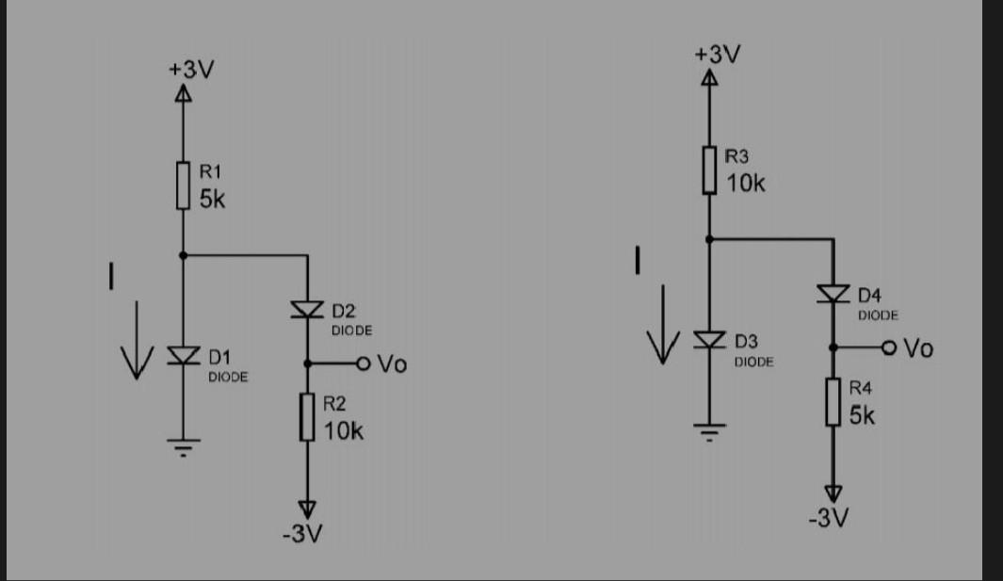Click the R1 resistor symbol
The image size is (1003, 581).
[x=184, y=186]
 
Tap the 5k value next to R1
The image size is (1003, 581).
[x=212, y=201]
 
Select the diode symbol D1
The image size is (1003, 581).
[x=184, y=355]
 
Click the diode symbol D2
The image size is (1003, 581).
[x=307, y=309]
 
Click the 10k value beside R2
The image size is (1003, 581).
[x=343, y=431]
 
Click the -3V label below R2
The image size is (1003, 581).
[x=303, y=535]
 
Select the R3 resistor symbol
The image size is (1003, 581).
[x=708, y=170]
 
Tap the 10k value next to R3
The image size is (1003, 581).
[x=746, y=184]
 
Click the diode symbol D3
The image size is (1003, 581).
[x=708, y=339]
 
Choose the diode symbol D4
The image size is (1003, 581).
[x=833, y=294]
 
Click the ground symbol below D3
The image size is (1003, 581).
[x=708, y=431]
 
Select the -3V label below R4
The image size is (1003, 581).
[x=829, y=518]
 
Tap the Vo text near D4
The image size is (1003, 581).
[x=918, y=348]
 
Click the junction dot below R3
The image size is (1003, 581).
[x=708, y=239]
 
